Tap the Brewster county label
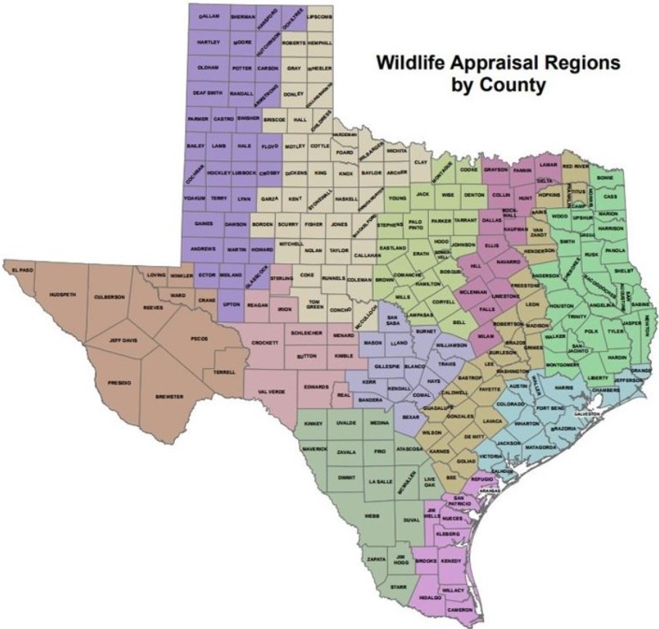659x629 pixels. click(x=170, y=397)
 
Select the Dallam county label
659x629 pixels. click(x=209, y=15)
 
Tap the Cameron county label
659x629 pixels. click(x=460, y=609)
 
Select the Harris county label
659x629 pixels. click(x=563, y=389)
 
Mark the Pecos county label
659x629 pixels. click(x=199, y=338)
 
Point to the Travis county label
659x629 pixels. click(x=446, y=362)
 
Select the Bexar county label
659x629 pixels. click(x=411, y=418)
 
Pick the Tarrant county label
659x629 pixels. click(x=464, y=219)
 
